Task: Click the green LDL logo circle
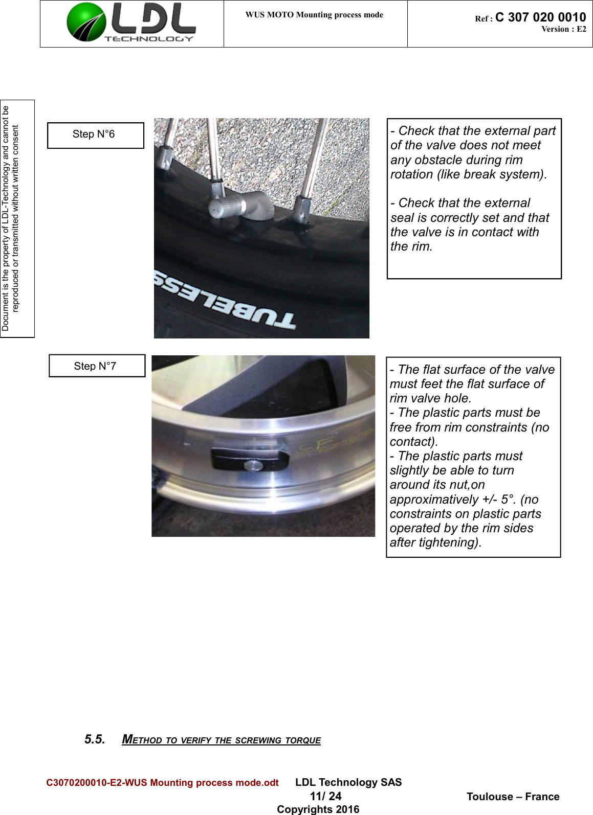[x=86, y=22]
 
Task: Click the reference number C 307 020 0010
[x=540, y=17]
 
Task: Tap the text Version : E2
[x=563, y=29]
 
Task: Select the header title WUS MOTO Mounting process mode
[x=314, y=15]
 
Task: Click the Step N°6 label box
[x=95, y=135]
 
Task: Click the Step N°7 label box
[x=97, y=366]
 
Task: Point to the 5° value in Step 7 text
[x=508, y=500]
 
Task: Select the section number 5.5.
[x=95, y=739]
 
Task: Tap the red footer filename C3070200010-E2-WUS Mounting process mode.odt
[x=162, y=783]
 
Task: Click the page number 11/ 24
[x=325, y=796]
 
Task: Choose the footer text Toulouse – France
[x=513, y=797]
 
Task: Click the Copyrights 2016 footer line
[x=318, y=809]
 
